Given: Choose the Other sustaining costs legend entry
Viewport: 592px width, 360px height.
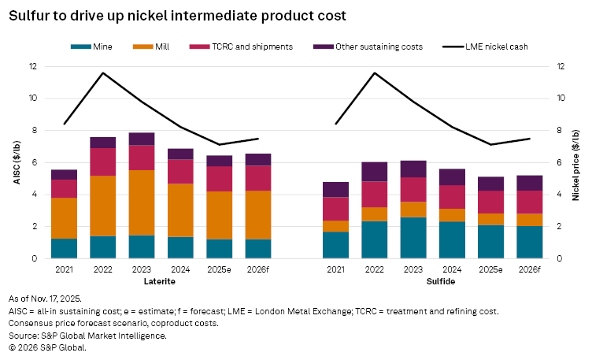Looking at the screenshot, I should click(x=361, y=46).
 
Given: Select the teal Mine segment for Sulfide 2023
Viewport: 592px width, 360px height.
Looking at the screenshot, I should click(x=413, y=237).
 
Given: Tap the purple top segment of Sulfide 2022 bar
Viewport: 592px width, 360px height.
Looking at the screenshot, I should click(x=375, y=172).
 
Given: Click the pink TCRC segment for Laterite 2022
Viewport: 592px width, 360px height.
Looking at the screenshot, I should click(x=103, y=161).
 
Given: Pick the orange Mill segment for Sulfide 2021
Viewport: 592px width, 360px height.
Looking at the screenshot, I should click(x=336, y=226).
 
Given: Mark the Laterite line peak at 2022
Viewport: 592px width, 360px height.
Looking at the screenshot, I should click(x=103, y=73).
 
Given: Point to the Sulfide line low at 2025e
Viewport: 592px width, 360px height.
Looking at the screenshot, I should click(x=490, y=144).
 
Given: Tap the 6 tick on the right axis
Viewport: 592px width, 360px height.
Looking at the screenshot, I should click(x=561, y=162).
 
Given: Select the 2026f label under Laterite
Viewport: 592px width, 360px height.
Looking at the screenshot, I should click(x=257, y=269).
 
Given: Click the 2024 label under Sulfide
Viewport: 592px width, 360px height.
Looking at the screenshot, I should click(x=452, y=269).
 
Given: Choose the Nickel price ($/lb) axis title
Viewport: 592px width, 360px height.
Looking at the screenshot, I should click(x=580, y=162).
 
